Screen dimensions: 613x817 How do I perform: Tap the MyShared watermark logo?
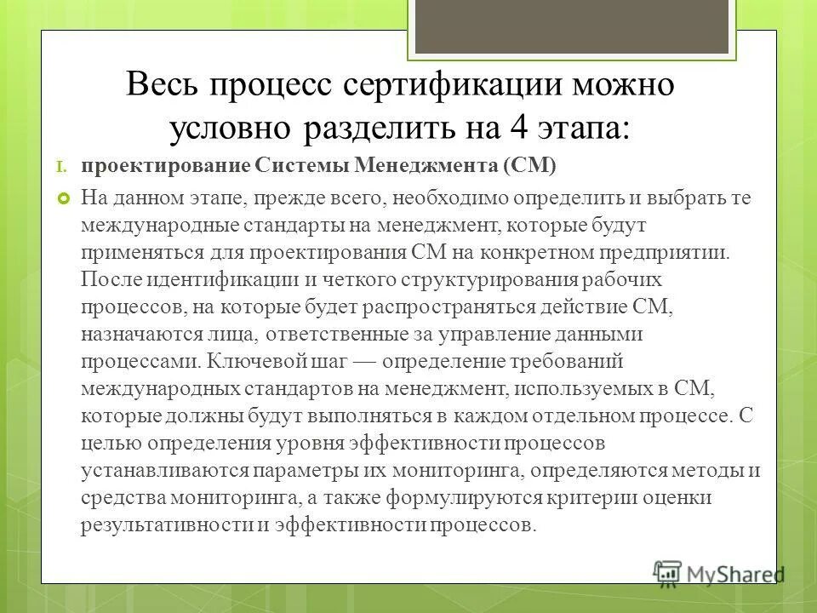click(719, 572)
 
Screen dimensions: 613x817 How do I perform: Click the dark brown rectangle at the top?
click(571, 25)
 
